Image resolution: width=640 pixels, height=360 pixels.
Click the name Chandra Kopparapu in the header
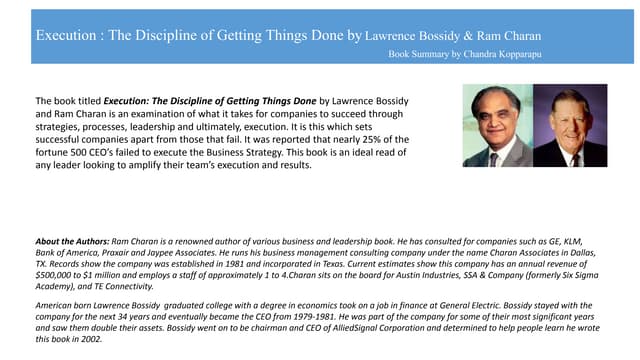[x=503, y=54]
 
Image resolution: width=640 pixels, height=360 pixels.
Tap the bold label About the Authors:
[x=72, y=241]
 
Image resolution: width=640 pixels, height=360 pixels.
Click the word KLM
[x=573, y=241]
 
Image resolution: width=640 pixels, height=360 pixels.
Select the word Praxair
[x=116, y=253]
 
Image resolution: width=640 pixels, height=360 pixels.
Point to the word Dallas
[x=585, y=253]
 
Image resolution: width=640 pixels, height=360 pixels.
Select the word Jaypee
[x=159, y=253]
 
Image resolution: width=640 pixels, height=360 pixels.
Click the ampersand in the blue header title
[x=468, y=36]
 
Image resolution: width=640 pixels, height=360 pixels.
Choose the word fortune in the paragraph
[x=50, y=152]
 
